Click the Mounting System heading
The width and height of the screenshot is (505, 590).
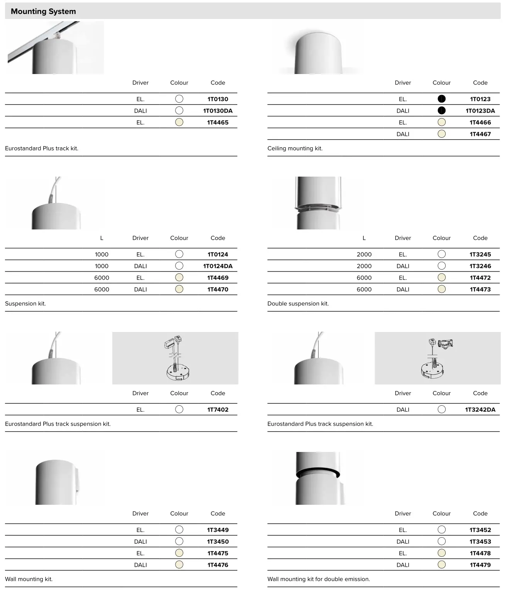pyautogui.click(x=43, y=12)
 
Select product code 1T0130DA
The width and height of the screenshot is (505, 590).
pyautogui.click(x=218, y=111)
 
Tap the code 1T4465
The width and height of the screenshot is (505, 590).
pyautogui.click(x=218, y=122)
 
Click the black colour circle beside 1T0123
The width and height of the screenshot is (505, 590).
pyautogui.click(x=441, y=99)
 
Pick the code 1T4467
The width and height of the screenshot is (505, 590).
pyautogui.click(x=480, y=134)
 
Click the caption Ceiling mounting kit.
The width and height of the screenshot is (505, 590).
pyautogui.click(x=295, y=148)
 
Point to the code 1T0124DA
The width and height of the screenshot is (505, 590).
pyautogui.click(x=218, y=266)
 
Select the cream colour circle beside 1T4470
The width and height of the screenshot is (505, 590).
pyautogui.click(x=179, y=289)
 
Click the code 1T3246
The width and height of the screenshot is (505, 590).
pyautogui.click(x=480, y=266)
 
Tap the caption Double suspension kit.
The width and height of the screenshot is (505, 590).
pyautogui.click(x=298, y=303)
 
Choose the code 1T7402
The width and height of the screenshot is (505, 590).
pyautogui.click(x=218, y=410)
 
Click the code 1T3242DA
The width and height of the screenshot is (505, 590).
pyautogui.click(x=480, y=410)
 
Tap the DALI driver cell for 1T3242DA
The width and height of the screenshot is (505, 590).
pyautogui.click(x=403, y=410)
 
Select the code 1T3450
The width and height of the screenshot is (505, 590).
pyautogui.click(x=218, y=541)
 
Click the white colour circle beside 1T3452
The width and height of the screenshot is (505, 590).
pyautogui.click(x=441, y=529)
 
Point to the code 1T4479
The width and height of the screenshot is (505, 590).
pyautogui.click(x=480, y=565)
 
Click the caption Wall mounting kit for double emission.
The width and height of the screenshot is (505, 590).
pyautogui.click(x=318, y=579)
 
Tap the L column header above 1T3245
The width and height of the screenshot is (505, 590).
pyautogui.click(x=364, y=238)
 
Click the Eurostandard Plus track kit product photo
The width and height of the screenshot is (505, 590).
pyautogui.click(x=56, y=48)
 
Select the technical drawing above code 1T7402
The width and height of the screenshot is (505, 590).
pyautogui.click(x=175, y=358)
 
